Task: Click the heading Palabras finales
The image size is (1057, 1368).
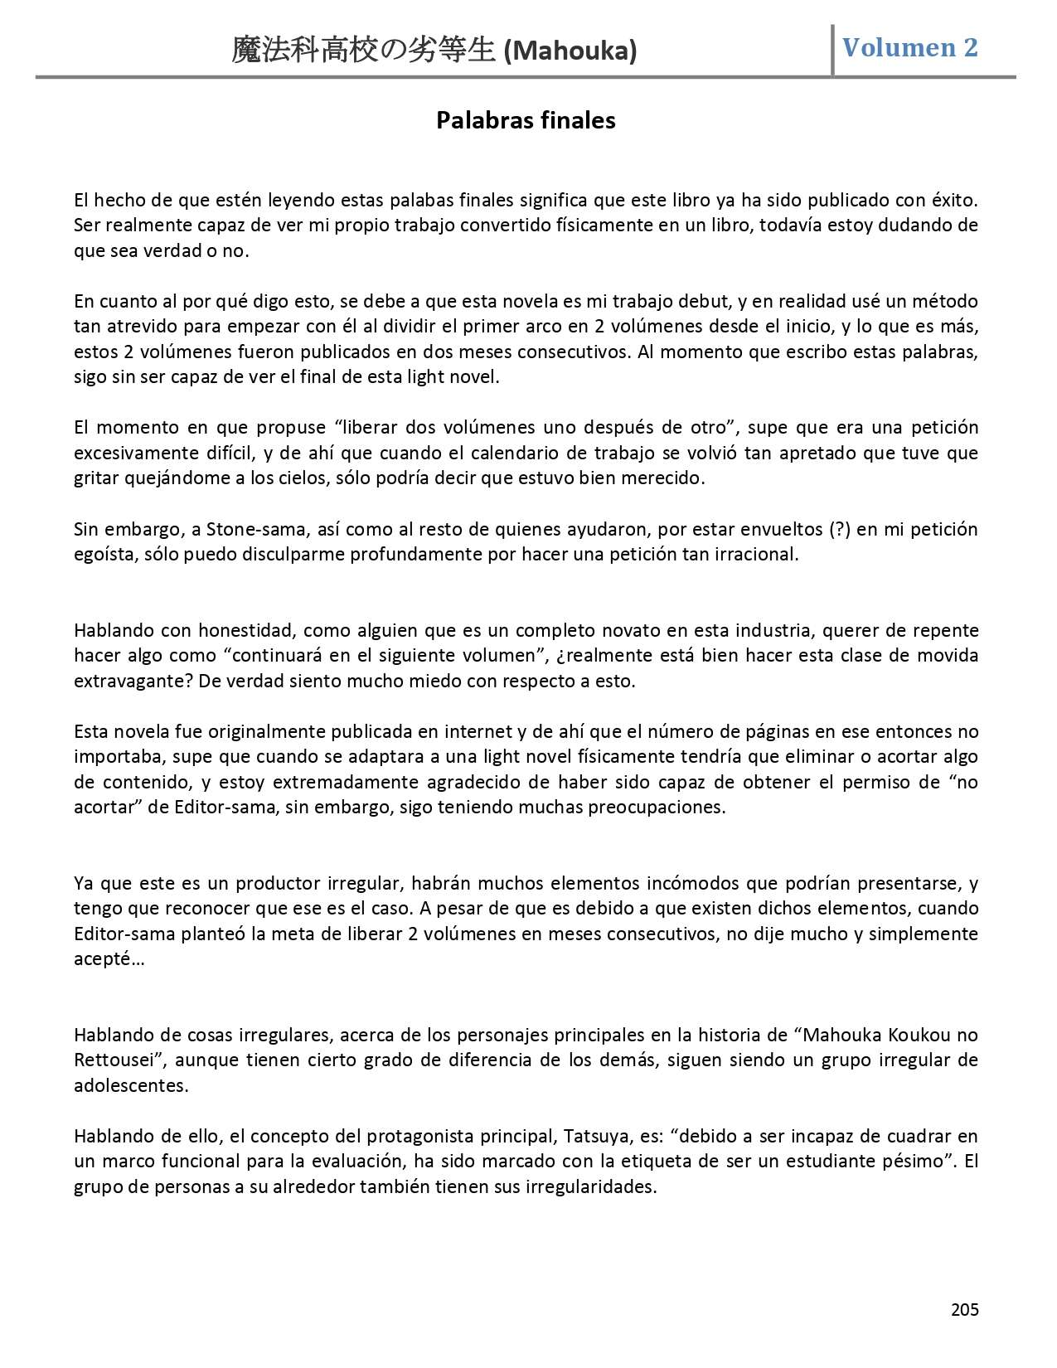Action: coord(526,121)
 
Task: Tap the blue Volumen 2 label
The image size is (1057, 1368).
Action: coord(909,48)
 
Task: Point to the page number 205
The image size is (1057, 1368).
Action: coord(964,1310)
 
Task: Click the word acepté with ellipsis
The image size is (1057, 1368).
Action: coord(109,959)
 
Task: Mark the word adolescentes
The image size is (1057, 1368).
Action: coord(131,1085)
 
